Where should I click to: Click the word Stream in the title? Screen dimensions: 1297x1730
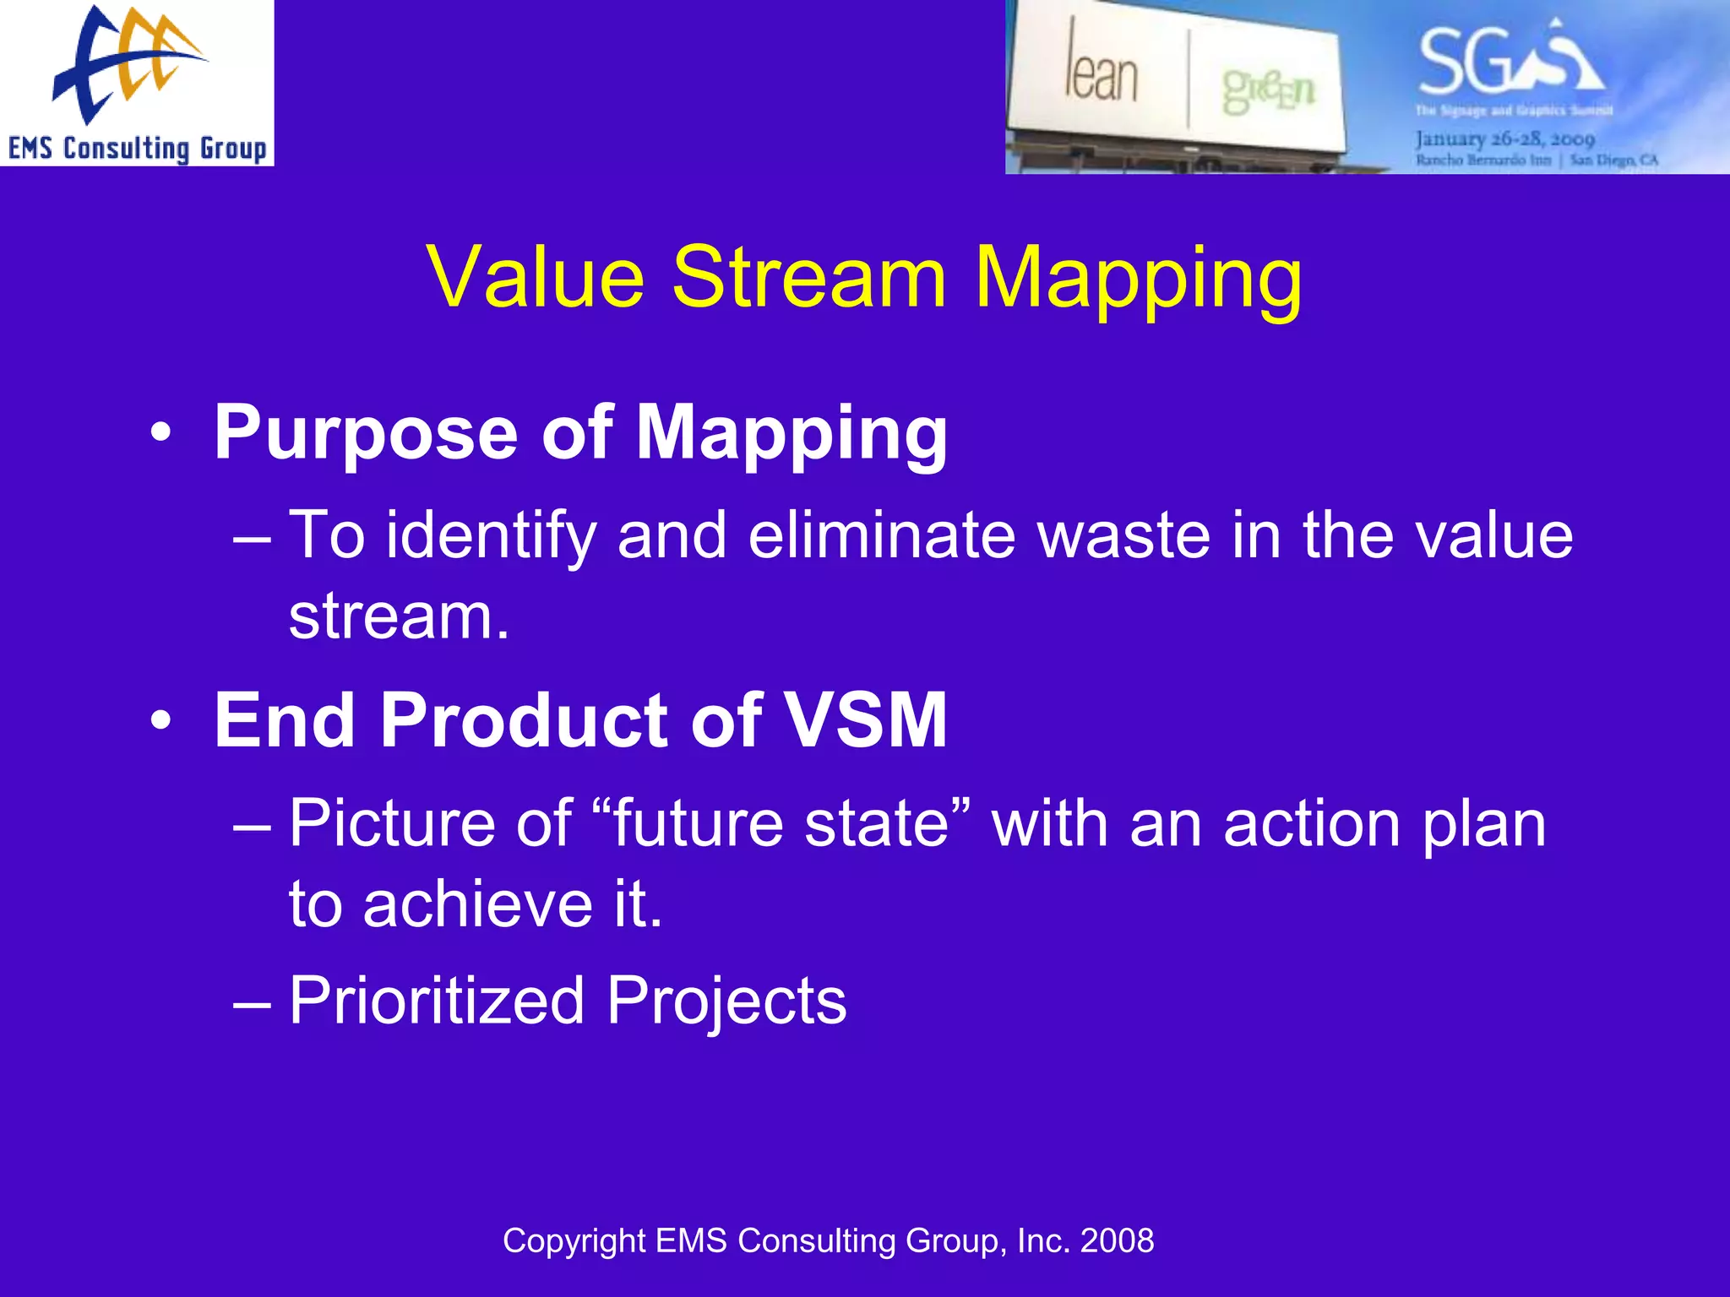coord(808,278)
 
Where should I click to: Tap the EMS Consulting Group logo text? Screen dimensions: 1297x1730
coord(137,149)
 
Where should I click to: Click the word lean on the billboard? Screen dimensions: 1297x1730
coord(1101,74)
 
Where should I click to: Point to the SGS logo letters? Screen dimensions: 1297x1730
coord(1509,61)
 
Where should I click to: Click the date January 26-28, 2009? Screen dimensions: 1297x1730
coord(1504,138)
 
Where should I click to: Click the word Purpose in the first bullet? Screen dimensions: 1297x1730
coord(365,434)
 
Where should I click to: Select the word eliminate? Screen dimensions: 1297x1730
coord(882,535)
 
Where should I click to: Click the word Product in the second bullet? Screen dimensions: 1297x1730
coord(525,719)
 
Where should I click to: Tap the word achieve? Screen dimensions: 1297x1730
coord(478,904)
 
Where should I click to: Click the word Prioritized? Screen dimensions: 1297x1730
coord(437,1001)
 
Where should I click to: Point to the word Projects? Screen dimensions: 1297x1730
coord(726,1001)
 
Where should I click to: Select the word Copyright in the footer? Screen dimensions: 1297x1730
coord(574,1240)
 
